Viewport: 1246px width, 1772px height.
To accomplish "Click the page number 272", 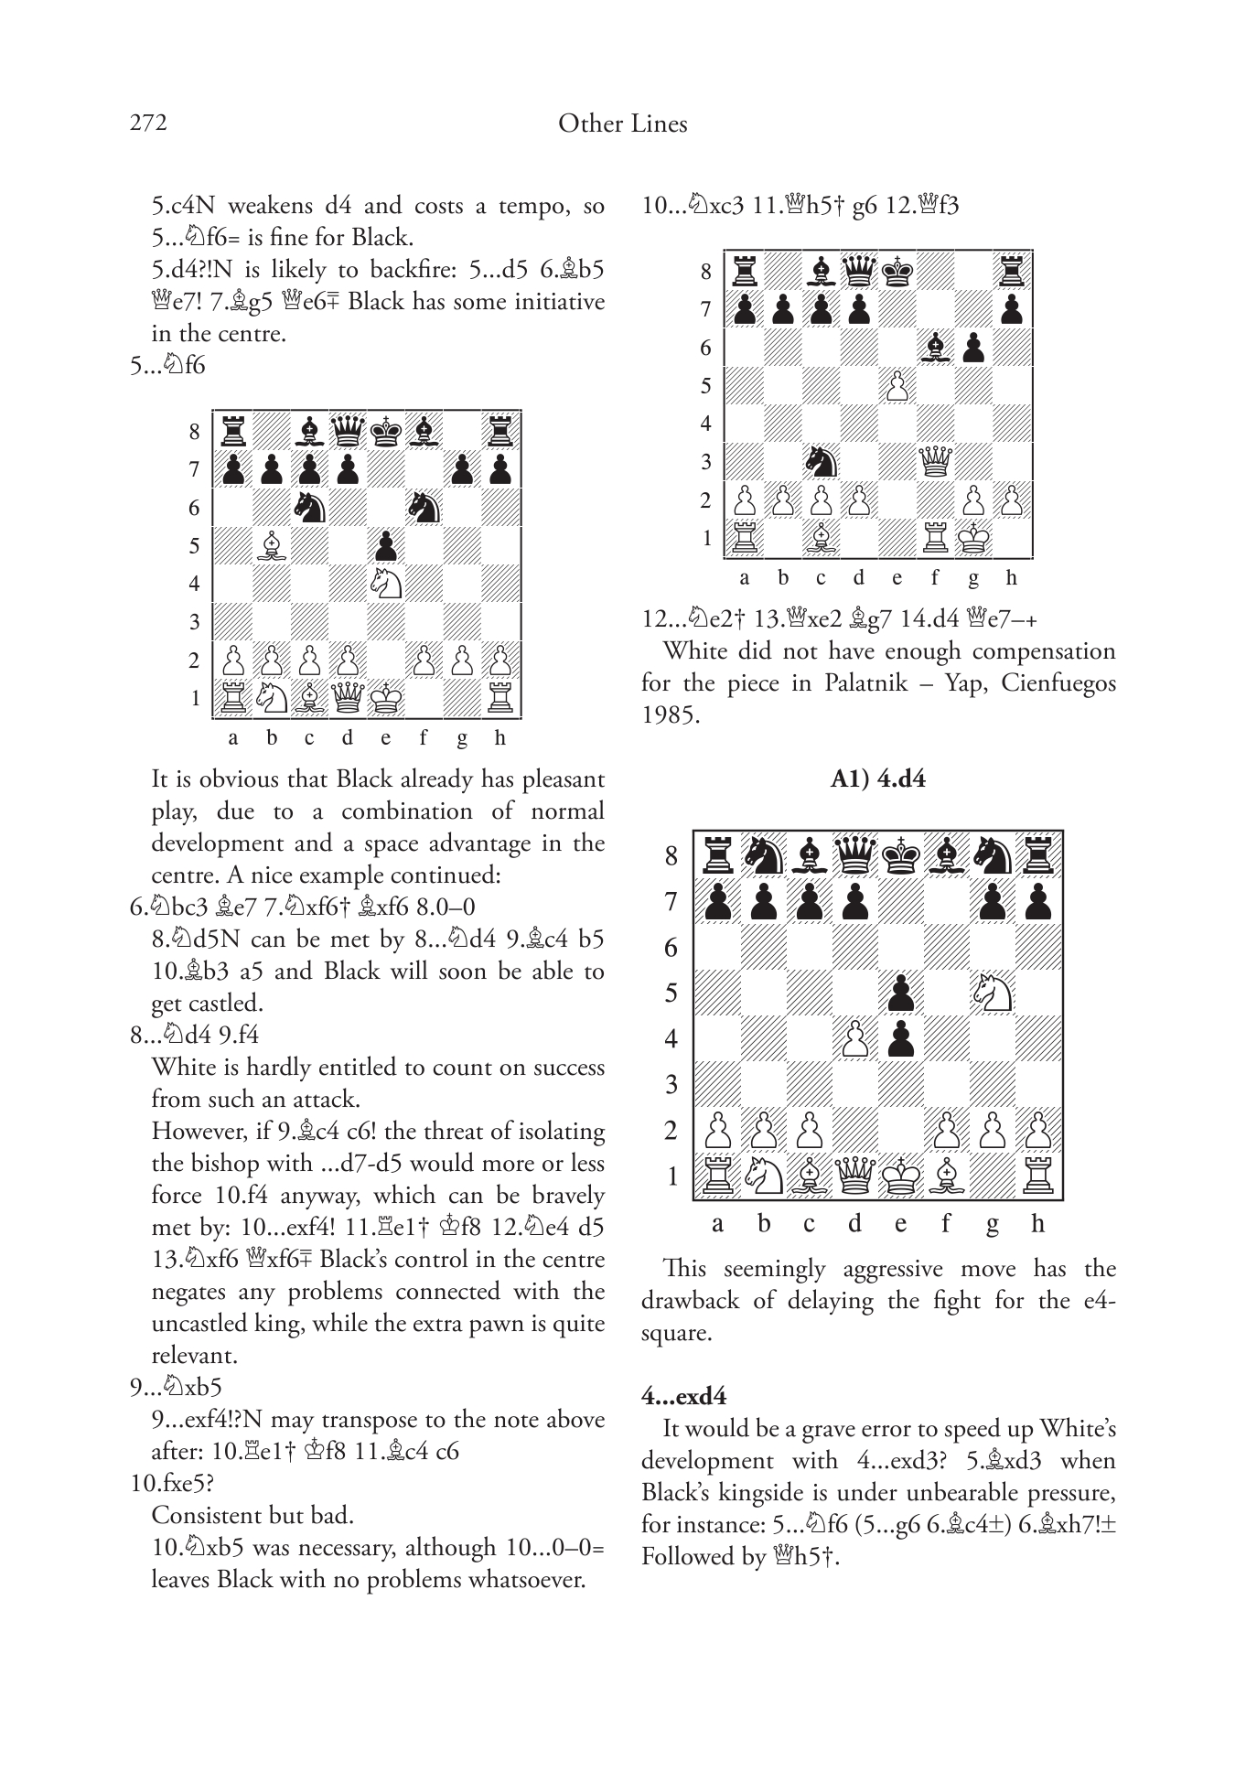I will pyautogui.click(x=148, y=123).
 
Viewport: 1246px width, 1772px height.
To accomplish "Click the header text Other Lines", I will pyautogui.click(x=622, y=124).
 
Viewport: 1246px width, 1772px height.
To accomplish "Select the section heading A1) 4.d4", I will pyautogui.click(x=877, y=779).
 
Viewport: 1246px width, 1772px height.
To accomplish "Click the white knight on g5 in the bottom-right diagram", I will pyautogui.click(x=992, y=993).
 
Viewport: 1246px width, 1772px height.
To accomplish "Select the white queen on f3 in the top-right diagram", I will pyautogui.click(x=935, y=461).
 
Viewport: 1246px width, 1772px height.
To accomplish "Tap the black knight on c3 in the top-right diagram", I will pyautogui.click(x=821, y=461).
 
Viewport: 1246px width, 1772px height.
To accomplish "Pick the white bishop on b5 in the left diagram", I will pyautogui.click(x=271, y=546).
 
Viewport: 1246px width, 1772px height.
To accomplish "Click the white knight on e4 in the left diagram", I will pyautogui.click(x=385, y=584).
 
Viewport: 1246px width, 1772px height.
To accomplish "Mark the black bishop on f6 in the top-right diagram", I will pyautogui.click(x=935, y=347).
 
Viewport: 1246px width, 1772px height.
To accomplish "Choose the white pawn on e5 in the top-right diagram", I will pyautogui.click(x=897, y=385).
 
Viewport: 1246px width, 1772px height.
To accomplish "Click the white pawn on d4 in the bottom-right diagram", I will pyautogui.click(x=854, y=1038).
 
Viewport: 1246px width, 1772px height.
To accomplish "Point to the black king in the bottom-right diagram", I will pyautogui.click(x=900, y=855).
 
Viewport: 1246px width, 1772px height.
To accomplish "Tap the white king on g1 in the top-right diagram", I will pyautogui.click(x=973, y=538).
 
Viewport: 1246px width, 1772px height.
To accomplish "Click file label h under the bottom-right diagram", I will pyautogui.click(x=1037, y=1223).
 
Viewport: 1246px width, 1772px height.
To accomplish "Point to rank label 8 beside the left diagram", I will pyautogui.click(x=194, y=431).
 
